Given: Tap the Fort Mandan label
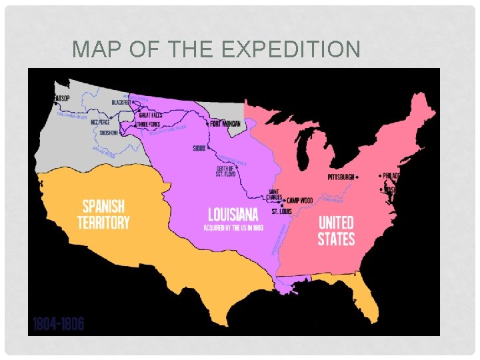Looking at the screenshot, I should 225,123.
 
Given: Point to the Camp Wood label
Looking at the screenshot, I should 299,200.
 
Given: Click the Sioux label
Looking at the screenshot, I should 199,149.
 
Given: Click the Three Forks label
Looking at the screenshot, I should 149,124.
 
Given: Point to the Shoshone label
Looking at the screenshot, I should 109,132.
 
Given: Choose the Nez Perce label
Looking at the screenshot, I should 100,122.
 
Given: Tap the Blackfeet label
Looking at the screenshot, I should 122,102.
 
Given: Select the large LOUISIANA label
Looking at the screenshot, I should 233,215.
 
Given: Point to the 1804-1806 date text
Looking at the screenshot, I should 57,325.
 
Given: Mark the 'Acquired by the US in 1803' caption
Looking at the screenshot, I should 233,228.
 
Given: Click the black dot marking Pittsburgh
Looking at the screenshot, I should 358,177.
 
